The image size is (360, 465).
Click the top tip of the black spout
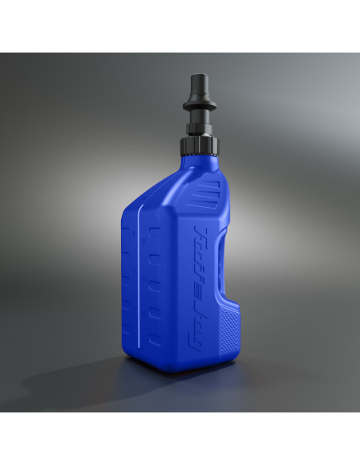(200, 78)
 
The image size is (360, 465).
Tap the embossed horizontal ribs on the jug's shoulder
(209, 192)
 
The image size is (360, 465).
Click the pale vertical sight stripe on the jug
(143, 279)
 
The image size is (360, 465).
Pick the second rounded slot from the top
(155, 258)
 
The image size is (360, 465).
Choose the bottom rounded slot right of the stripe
(155, 338)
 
